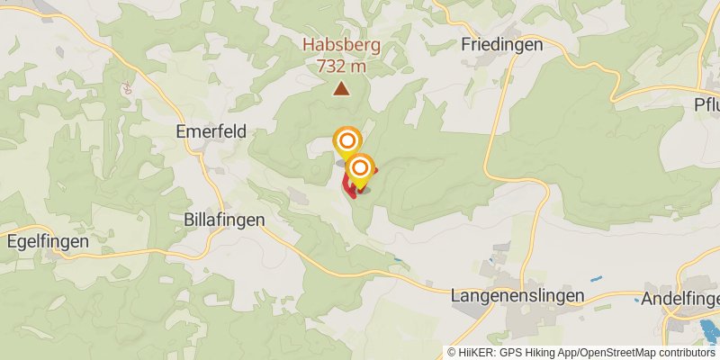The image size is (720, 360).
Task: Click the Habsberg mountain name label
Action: [x=341, y=45]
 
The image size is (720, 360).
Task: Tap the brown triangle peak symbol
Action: [x=341, y=87]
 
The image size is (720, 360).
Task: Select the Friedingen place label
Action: [x=501, y=44]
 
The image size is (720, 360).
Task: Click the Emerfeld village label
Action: [x=211, y=131]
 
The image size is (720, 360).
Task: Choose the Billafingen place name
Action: [x=223, y=220]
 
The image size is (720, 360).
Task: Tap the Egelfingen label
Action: [x=48, y=241]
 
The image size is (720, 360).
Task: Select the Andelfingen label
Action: [x=680, y=298]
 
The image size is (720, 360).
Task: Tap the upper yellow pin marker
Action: [x=346, y=141]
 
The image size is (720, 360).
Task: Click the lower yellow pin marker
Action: [x=360, y=168]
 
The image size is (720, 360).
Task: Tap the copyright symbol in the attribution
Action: [x=452, y=353]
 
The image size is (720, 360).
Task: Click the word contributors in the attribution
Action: [x=684, y=353]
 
